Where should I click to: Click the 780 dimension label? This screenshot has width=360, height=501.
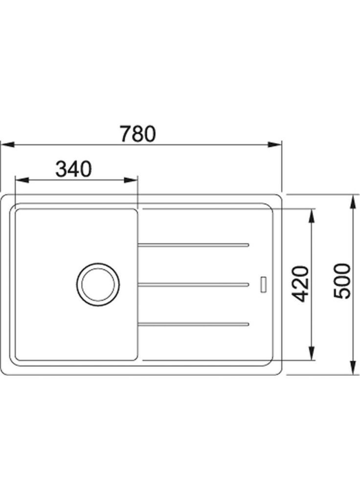pos(138,133)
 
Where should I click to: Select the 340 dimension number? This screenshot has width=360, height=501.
pos(73,169)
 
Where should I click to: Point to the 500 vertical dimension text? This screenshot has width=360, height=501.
pos(343,281)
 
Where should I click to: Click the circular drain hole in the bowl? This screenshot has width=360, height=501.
pos(97,284)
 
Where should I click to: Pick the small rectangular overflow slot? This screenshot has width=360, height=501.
pos(263,285)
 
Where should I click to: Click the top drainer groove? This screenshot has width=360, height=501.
pos(194,244)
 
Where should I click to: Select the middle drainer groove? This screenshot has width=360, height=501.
pos(194,284)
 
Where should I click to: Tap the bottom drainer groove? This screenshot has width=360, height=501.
pos(194,323)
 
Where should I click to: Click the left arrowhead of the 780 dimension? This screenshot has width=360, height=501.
pos(7,145)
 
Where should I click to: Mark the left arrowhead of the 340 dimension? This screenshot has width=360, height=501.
pos(22,180)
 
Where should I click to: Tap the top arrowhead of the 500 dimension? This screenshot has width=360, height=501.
pos(352,201)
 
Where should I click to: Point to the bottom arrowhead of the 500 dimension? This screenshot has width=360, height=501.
pos(352,368)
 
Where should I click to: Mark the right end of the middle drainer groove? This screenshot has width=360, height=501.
pos(248,284)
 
